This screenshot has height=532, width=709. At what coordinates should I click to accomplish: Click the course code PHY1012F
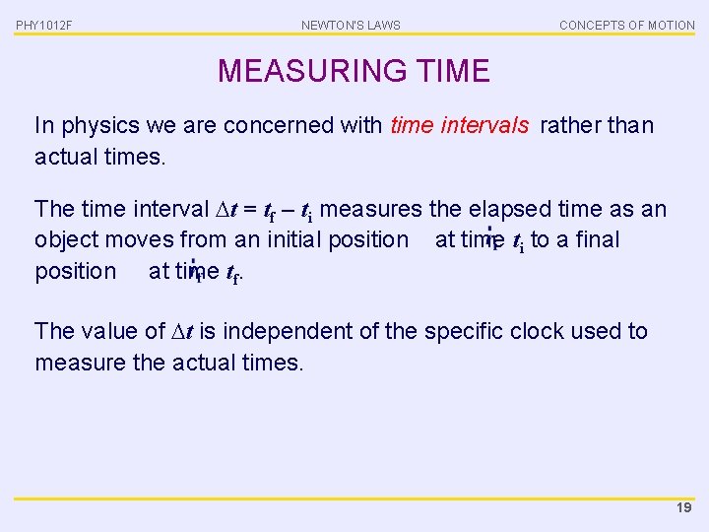tap(44, 25)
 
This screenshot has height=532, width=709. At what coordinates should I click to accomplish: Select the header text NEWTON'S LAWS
tap(351, 25)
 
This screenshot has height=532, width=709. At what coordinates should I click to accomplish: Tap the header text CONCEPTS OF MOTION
tap(626, 25)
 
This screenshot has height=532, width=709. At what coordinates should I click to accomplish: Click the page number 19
tap(683, 507)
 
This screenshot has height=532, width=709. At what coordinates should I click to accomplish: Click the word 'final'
tap(600, 239)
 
